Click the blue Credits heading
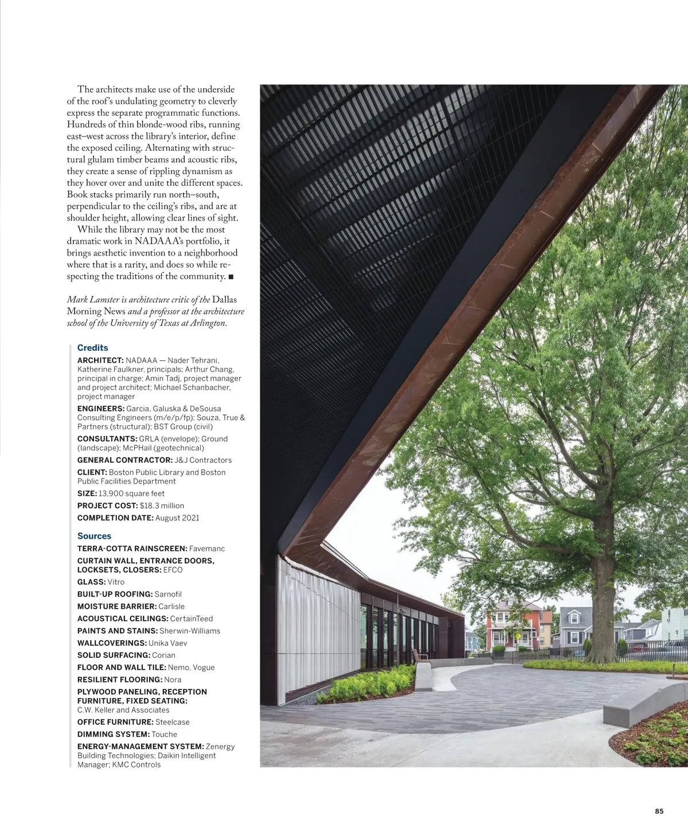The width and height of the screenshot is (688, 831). click(x=92, y=348)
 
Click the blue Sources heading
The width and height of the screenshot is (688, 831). click(x=94, y=536)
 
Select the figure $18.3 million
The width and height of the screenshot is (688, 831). click(x=162, y=505)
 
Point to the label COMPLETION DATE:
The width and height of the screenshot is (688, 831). click(x=115, y=518)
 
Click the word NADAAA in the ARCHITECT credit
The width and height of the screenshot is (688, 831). click(x=140, y=360)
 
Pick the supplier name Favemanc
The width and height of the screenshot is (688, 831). click(x=206, y=549)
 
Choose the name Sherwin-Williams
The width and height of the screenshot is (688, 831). click(x=189, y=631)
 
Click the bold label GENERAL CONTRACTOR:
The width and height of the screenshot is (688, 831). click(x=124, y=460)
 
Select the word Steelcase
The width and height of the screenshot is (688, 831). click(x=172, y=722)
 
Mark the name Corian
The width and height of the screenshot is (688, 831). click(x=164, y=655)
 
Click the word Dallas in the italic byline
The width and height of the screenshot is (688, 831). click(x=224, y=300)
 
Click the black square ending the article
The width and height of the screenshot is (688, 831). click(x=230, y=277)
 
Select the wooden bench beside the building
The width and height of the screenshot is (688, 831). click(x=419, y=655)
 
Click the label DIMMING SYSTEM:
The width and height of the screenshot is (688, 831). click(x=114, y=734)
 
